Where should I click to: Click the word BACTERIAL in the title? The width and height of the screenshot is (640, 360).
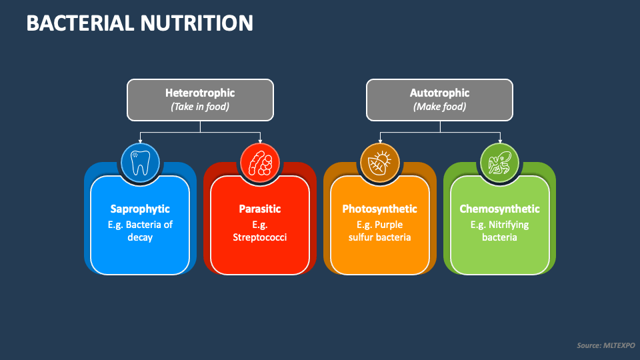(79, 23)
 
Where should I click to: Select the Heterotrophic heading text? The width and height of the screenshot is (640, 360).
(200, 93)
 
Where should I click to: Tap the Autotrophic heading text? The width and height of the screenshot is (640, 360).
(439, 93)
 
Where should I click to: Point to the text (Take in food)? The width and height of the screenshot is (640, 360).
(200, 107)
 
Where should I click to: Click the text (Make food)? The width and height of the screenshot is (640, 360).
(439, 107)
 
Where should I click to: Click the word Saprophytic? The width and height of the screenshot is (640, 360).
(140, 209)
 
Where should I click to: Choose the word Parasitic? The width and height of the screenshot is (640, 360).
(260, 209)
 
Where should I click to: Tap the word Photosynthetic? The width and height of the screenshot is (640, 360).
(380, 209)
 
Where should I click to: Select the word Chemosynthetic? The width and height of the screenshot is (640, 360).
(500, 209)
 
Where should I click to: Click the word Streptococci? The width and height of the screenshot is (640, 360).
(260, 237)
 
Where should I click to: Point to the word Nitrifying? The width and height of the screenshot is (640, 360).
(508, 225)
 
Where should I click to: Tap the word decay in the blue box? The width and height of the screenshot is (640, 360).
(140, 237)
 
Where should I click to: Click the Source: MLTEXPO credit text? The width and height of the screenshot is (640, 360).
(605, 345)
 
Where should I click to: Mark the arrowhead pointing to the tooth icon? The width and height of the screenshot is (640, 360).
(140, 141)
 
